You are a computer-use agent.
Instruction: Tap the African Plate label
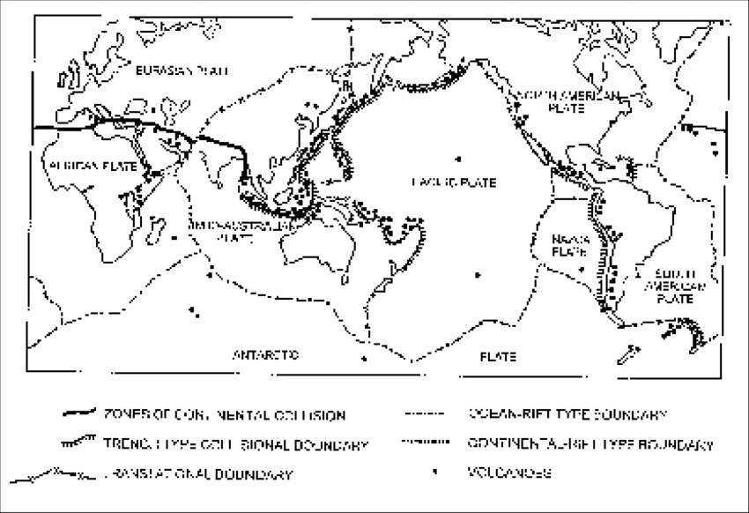click(82, 163)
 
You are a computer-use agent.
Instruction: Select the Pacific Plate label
click(455, 182)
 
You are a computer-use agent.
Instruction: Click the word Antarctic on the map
click(265, 356)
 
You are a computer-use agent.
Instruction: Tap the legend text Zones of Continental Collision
click(225, 414)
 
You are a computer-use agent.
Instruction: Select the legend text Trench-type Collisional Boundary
click(235, 445)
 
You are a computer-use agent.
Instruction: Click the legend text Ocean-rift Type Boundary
click(566, 413)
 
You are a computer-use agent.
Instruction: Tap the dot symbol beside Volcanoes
click(434, 473)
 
